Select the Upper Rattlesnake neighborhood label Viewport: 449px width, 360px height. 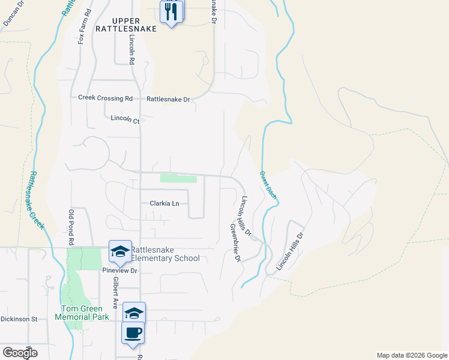pyautogui.click(x=130, y=25)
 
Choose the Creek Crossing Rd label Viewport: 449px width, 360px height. pyautogui.click(x=105, y=98)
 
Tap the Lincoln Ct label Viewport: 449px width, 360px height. pyautogui.click(x=125, y=120)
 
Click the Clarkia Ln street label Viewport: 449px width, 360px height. pyautogui.click(x=164, y=203)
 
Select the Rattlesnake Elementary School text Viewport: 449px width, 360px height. pyautogui.click(x=165, y=254)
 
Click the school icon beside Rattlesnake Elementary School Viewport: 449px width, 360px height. pyautogui.click(x=120, y=252)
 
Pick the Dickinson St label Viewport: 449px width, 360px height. pyautogui.click(x=19, y=319)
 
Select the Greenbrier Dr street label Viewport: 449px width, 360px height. pyautogui.click(x=234, y=242)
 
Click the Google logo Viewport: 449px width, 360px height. pyautogui.click(x=20, y=353)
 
